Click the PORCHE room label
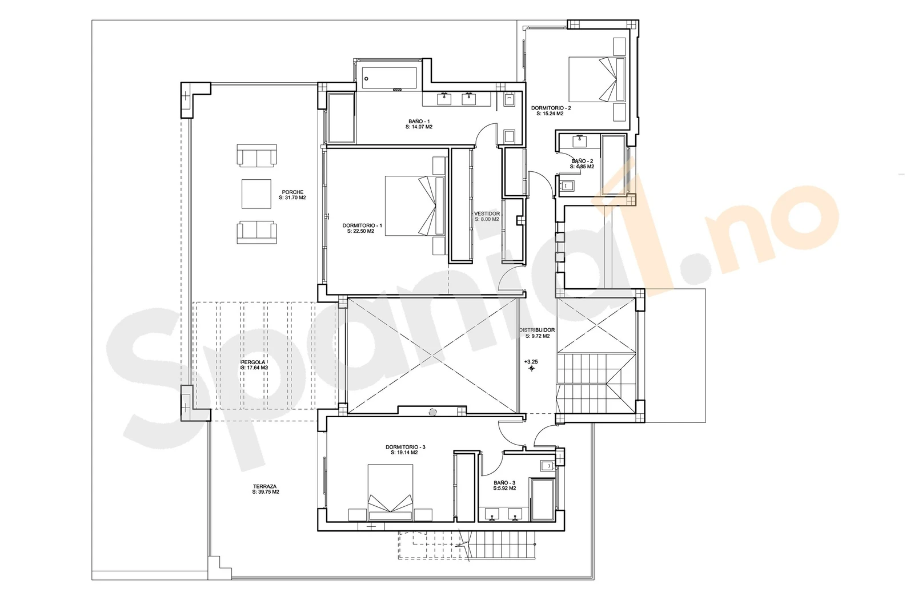(292, 192)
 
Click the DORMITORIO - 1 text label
(362, 225)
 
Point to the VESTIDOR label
(487, 214)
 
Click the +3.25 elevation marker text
(531, 362)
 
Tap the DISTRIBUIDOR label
(536, 330)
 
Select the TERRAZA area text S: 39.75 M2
(266, 492)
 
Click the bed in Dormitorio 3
(390, 491)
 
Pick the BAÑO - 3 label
(504, 483)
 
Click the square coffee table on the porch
(256, 194)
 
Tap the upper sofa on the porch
(257, 155)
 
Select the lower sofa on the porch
(257, 232)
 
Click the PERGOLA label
(253, 362)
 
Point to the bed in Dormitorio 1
(415, 205)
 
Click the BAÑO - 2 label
(582, 162)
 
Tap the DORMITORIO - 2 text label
(551, 108)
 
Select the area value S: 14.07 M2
(419, 127)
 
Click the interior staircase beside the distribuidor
(596, 382)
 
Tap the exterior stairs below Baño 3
(502, 546)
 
